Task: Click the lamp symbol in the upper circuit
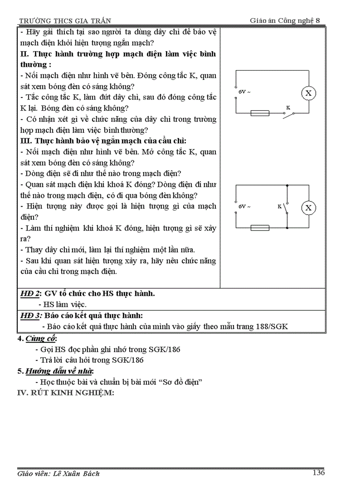[x=309, y=93]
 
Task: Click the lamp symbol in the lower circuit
[x=309, y=208]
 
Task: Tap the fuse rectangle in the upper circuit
[x=260, y=113]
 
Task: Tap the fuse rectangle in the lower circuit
[x=260, y=228]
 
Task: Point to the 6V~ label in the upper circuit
[x=244, y=92]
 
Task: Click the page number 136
[x=318, y=473]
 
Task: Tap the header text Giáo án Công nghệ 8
[x=287, y=20]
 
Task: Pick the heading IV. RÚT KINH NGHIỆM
[x=65, y=393]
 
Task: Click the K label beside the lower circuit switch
[x=279, y=206]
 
